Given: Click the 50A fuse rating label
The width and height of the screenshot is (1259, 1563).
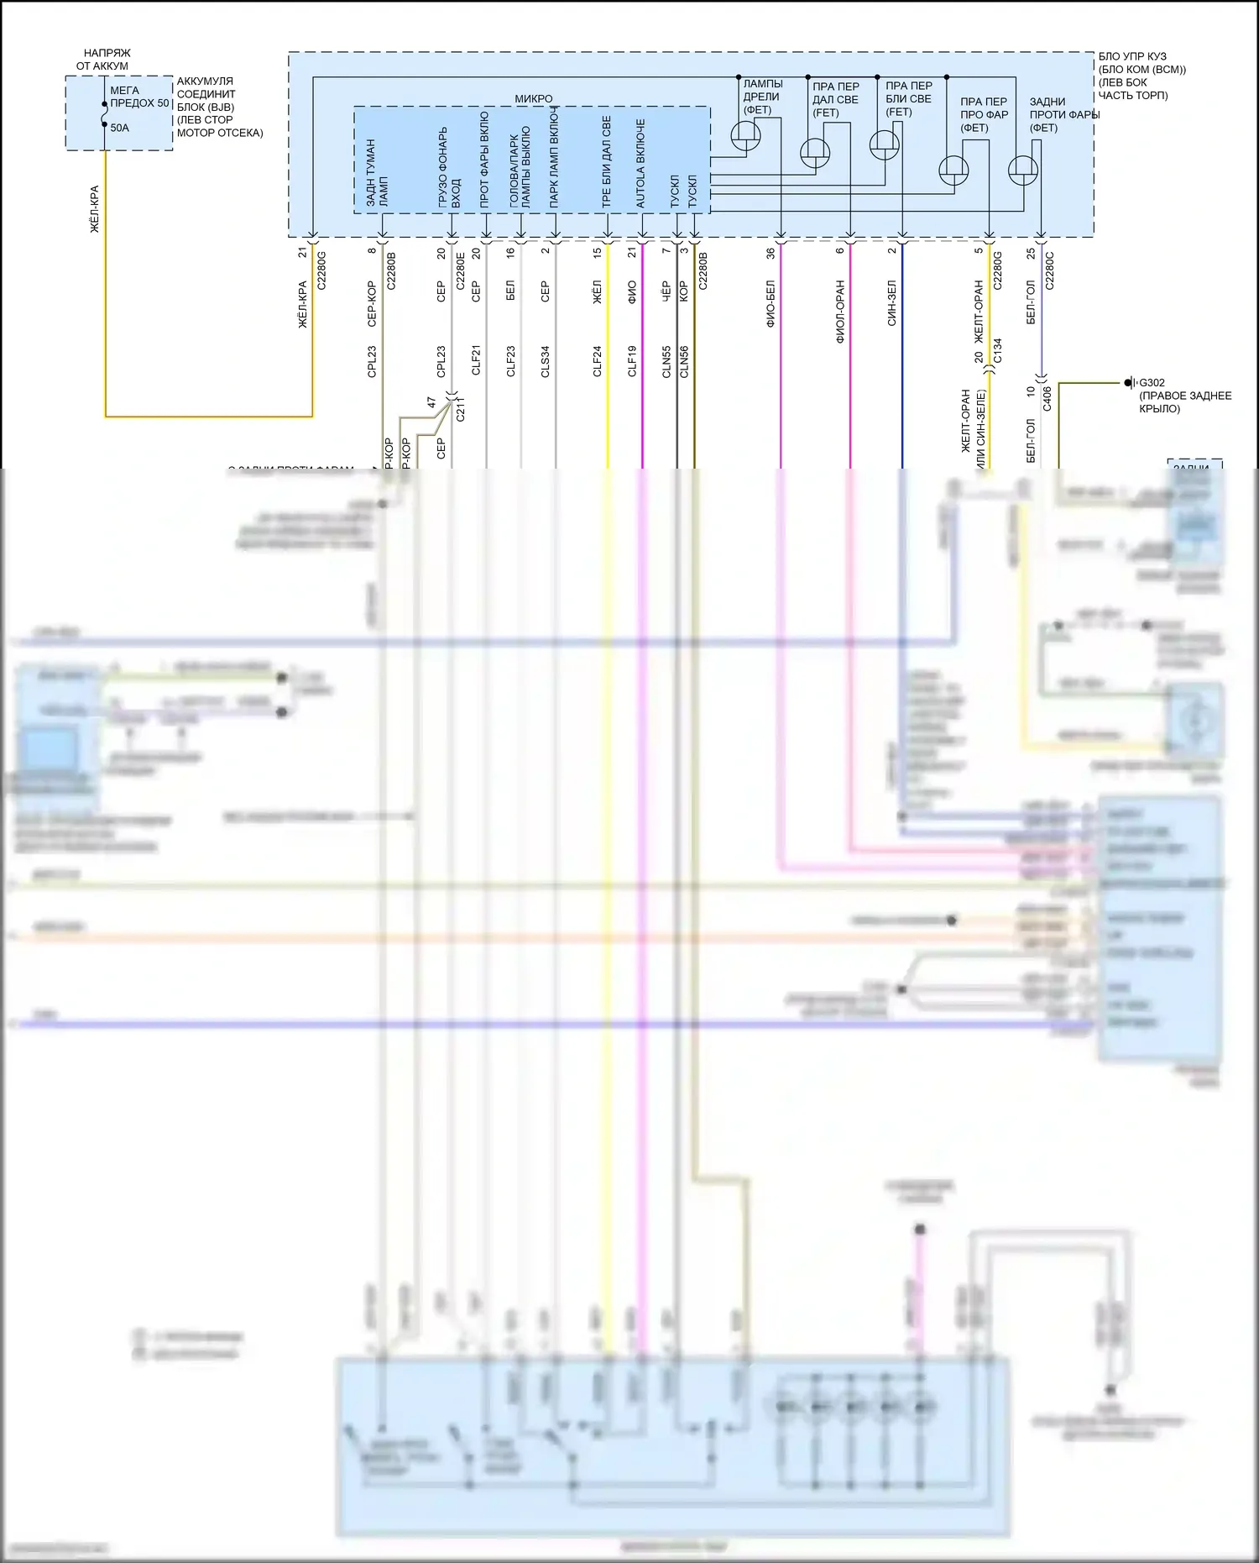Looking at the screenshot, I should pos(119,129).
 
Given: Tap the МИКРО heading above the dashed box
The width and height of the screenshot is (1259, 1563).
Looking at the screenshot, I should pos(533,99).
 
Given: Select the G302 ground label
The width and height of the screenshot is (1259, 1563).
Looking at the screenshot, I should pos(1152,383).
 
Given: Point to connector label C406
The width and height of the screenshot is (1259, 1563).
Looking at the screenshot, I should pos(1047,398).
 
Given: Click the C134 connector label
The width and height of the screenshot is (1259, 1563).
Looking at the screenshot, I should pos(997,350).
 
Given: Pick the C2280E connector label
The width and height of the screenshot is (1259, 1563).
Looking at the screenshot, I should pos(460,270).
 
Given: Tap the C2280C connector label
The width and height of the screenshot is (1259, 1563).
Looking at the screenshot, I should pos(1049,270).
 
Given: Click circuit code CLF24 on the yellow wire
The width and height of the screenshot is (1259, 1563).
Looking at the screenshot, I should pos(598,361).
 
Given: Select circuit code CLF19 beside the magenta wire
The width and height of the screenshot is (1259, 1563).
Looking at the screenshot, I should pos(632,361).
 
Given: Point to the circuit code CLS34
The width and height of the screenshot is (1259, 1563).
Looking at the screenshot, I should pos(545,361).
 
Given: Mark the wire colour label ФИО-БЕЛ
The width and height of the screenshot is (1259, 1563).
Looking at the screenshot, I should pos(771,304).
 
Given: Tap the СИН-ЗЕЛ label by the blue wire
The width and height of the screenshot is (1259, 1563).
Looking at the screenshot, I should pos(891,303).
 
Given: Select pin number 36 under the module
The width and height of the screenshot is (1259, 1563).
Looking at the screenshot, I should pos(771,252).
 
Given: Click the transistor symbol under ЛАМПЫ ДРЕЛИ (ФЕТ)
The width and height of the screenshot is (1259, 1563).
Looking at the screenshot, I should pos(745,135).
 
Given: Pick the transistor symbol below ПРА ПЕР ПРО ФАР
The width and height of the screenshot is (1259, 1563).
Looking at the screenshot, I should pos(953,170).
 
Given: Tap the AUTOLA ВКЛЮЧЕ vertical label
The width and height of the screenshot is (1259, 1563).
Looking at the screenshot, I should pos(641,163).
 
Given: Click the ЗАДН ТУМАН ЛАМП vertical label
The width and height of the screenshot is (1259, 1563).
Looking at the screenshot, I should pos(377,173).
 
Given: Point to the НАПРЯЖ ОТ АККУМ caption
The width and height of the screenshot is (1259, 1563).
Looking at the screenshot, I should pos(104,60).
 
